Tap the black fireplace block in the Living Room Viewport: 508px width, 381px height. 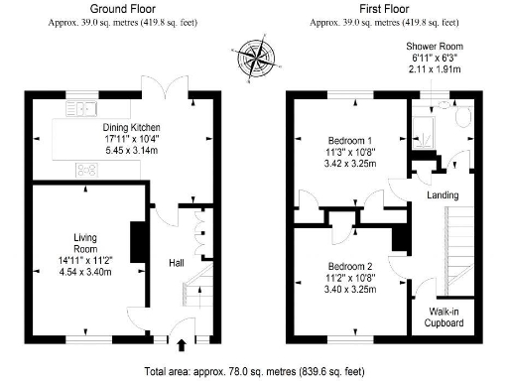[139, 239]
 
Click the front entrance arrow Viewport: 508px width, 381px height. [181, 346]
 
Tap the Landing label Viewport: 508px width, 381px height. [442, 194]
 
